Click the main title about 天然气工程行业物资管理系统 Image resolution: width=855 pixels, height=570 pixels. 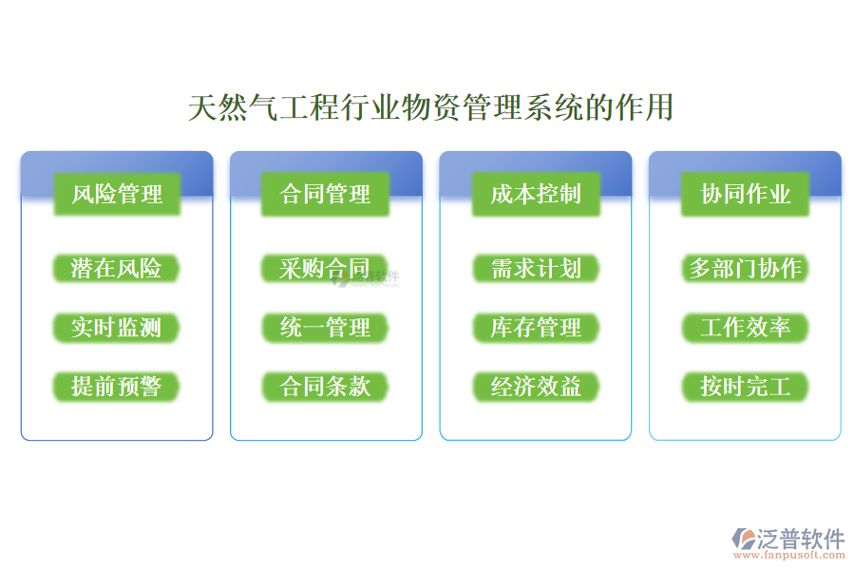(x=430, y=107)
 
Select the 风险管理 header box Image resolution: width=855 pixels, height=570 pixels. (x=117, y=195)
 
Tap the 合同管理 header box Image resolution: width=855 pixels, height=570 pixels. (x=326, y=195)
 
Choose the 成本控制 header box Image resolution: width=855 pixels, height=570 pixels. (x=536, y=195)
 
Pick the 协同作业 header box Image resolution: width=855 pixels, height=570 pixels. (x=746, y=195)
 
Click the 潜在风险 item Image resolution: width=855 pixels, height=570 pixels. (x=117, y=269)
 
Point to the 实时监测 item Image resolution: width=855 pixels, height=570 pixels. (x=117, y=328)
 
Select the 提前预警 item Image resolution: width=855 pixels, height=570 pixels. (x=117, y=387)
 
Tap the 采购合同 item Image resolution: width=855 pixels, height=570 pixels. (x=325, y=269)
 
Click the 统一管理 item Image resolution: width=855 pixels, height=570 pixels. (x=326, y=328)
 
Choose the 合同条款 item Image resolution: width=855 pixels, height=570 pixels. (x=326, y=387)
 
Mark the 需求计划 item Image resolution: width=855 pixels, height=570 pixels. (x=536, y=269)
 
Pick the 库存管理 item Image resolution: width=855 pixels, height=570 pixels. (x=536, y=328)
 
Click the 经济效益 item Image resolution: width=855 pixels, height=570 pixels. (x=536, y=387)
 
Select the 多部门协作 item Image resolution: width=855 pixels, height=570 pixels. (x=746, y=269)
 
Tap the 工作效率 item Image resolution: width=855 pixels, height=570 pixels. (x=746, y=328)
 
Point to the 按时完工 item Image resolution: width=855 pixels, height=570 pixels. (x=746, y=387)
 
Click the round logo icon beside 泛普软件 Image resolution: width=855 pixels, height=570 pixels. (x=742, y=540)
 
